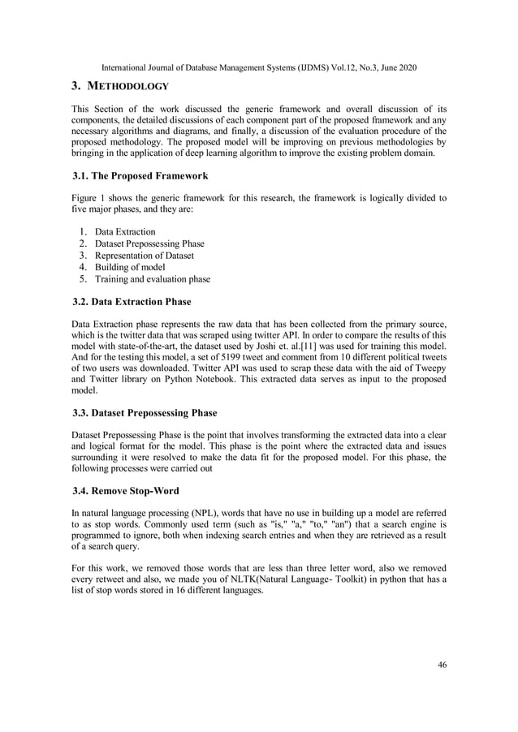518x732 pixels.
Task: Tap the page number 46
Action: click(x=442, y=665)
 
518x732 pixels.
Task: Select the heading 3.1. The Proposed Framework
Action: click(x=140, y=175)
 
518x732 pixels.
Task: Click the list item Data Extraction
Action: click(x=125, y=232)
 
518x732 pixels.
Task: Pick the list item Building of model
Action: click(x=130, y=267)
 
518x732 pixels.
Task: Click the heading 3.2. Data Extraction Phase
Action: click(x=132, y=302)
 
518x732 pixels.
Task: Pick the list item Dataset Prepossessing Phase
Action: click(x=149, y=243)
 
